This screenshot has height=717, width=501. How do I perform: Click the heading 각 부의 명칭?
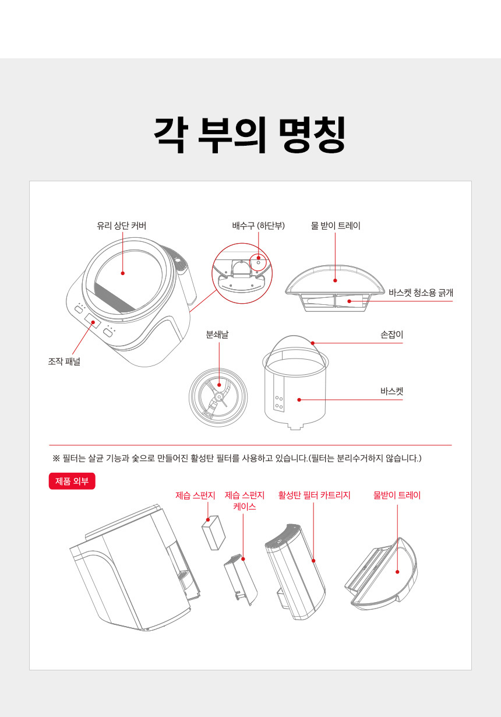(250, 135)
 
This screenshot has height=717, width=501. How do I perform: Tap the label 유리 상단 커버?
(122, 226)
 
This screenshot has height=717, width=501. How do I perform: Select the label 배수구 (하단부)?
(259, 226)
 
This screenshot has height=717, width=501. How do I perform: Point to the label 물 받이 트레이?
(336, 226)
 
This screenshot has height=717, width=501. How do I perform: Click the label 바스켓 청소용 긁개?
(421, 293)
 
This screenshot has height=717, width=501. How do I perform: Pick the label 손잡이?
(391, 335)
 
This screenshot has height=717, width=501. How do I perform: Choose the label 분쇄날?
(217, 335)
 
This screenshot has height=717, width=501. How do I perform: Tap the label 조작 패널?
(64, 361)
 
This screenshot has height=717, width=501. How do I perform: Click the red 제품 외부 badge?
(72, 481)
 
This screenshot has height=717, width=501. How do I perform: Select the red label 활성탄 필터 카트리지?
(314, 495)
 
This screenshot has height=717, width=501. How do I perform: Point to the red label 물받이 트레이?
(397, 495)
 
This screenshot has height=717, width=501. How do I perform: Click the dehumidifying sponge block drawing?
(213, 533)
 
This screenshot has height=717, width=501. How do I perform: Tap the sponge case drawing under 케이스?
(241, 579)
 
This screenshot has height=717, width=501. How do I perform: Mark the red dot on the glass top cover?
(122, 273)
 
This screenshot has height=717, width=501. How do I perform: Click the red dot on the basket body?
(299, 400)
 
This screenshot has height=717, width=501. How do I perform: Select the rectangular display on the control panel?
(93, 321)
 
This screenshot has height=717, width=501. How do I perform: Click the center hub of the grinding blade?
(218, 397)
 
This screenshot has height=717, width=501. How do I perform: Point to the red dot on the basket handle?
(313, 343)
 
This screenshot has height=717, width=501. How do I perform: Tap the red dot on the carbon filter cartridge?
(313, 560)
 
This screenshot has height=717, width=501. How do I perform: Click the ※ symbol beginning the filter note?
(56, 458)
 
